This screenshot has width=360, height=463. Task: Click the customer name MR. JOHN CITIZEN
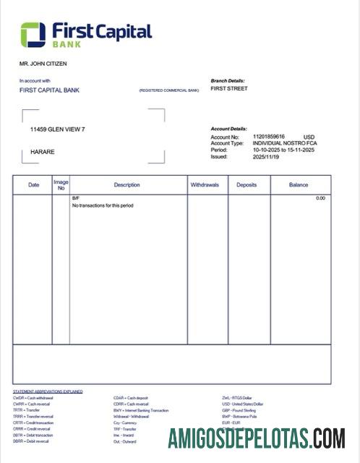point(43,64)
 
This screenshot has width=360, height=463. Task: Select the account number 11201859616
point(269,136)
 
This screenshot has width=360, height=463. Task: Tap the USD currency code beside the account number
point(309,137)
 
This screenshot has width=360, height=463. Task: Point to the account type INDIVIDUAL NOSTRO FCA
point(284,143)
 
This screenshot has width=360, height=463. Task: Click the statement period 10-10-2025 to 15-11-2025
point(284,150)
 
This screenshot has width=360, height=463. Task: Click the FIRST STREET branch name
point(228,88)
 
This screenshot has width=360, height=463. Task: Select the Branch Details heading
point(228,80)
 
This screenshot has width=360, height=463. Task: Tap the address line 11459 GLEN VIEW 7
point(58,129)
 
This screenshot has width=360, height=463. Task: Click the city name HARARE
point(43,152)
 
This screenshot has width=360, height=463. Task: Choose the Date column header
point(33,185)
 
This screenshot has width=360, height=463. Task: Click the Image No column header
point(61,185)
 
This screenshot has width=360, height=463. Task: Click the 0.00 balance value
point(320,197)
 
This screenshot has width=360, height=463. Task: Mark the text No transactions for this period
point(103,205)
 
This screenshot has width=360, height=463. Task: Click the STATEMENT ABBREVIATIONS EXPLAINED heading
point(48,391)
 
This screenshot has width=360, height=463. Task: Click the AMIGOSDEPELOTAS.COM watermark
point(257,438)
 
